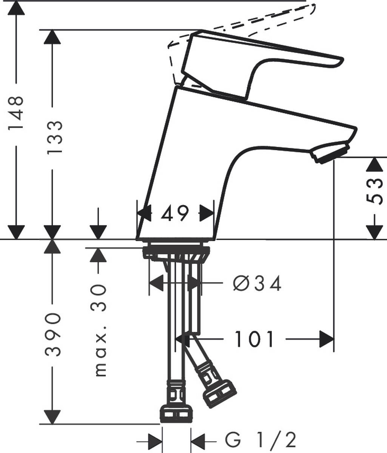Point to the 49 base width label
[x=174, y=214]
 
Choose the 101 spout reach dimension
[x=254, y=339]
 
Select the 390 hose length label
[x=53, y=334]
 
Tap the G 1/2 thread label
[x=261, y=440]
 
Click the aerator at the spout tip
[x=330, y=152]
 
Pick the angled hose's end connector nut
[x=219, y=394]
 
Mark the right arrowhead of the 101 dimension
[x=326, y=339]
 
